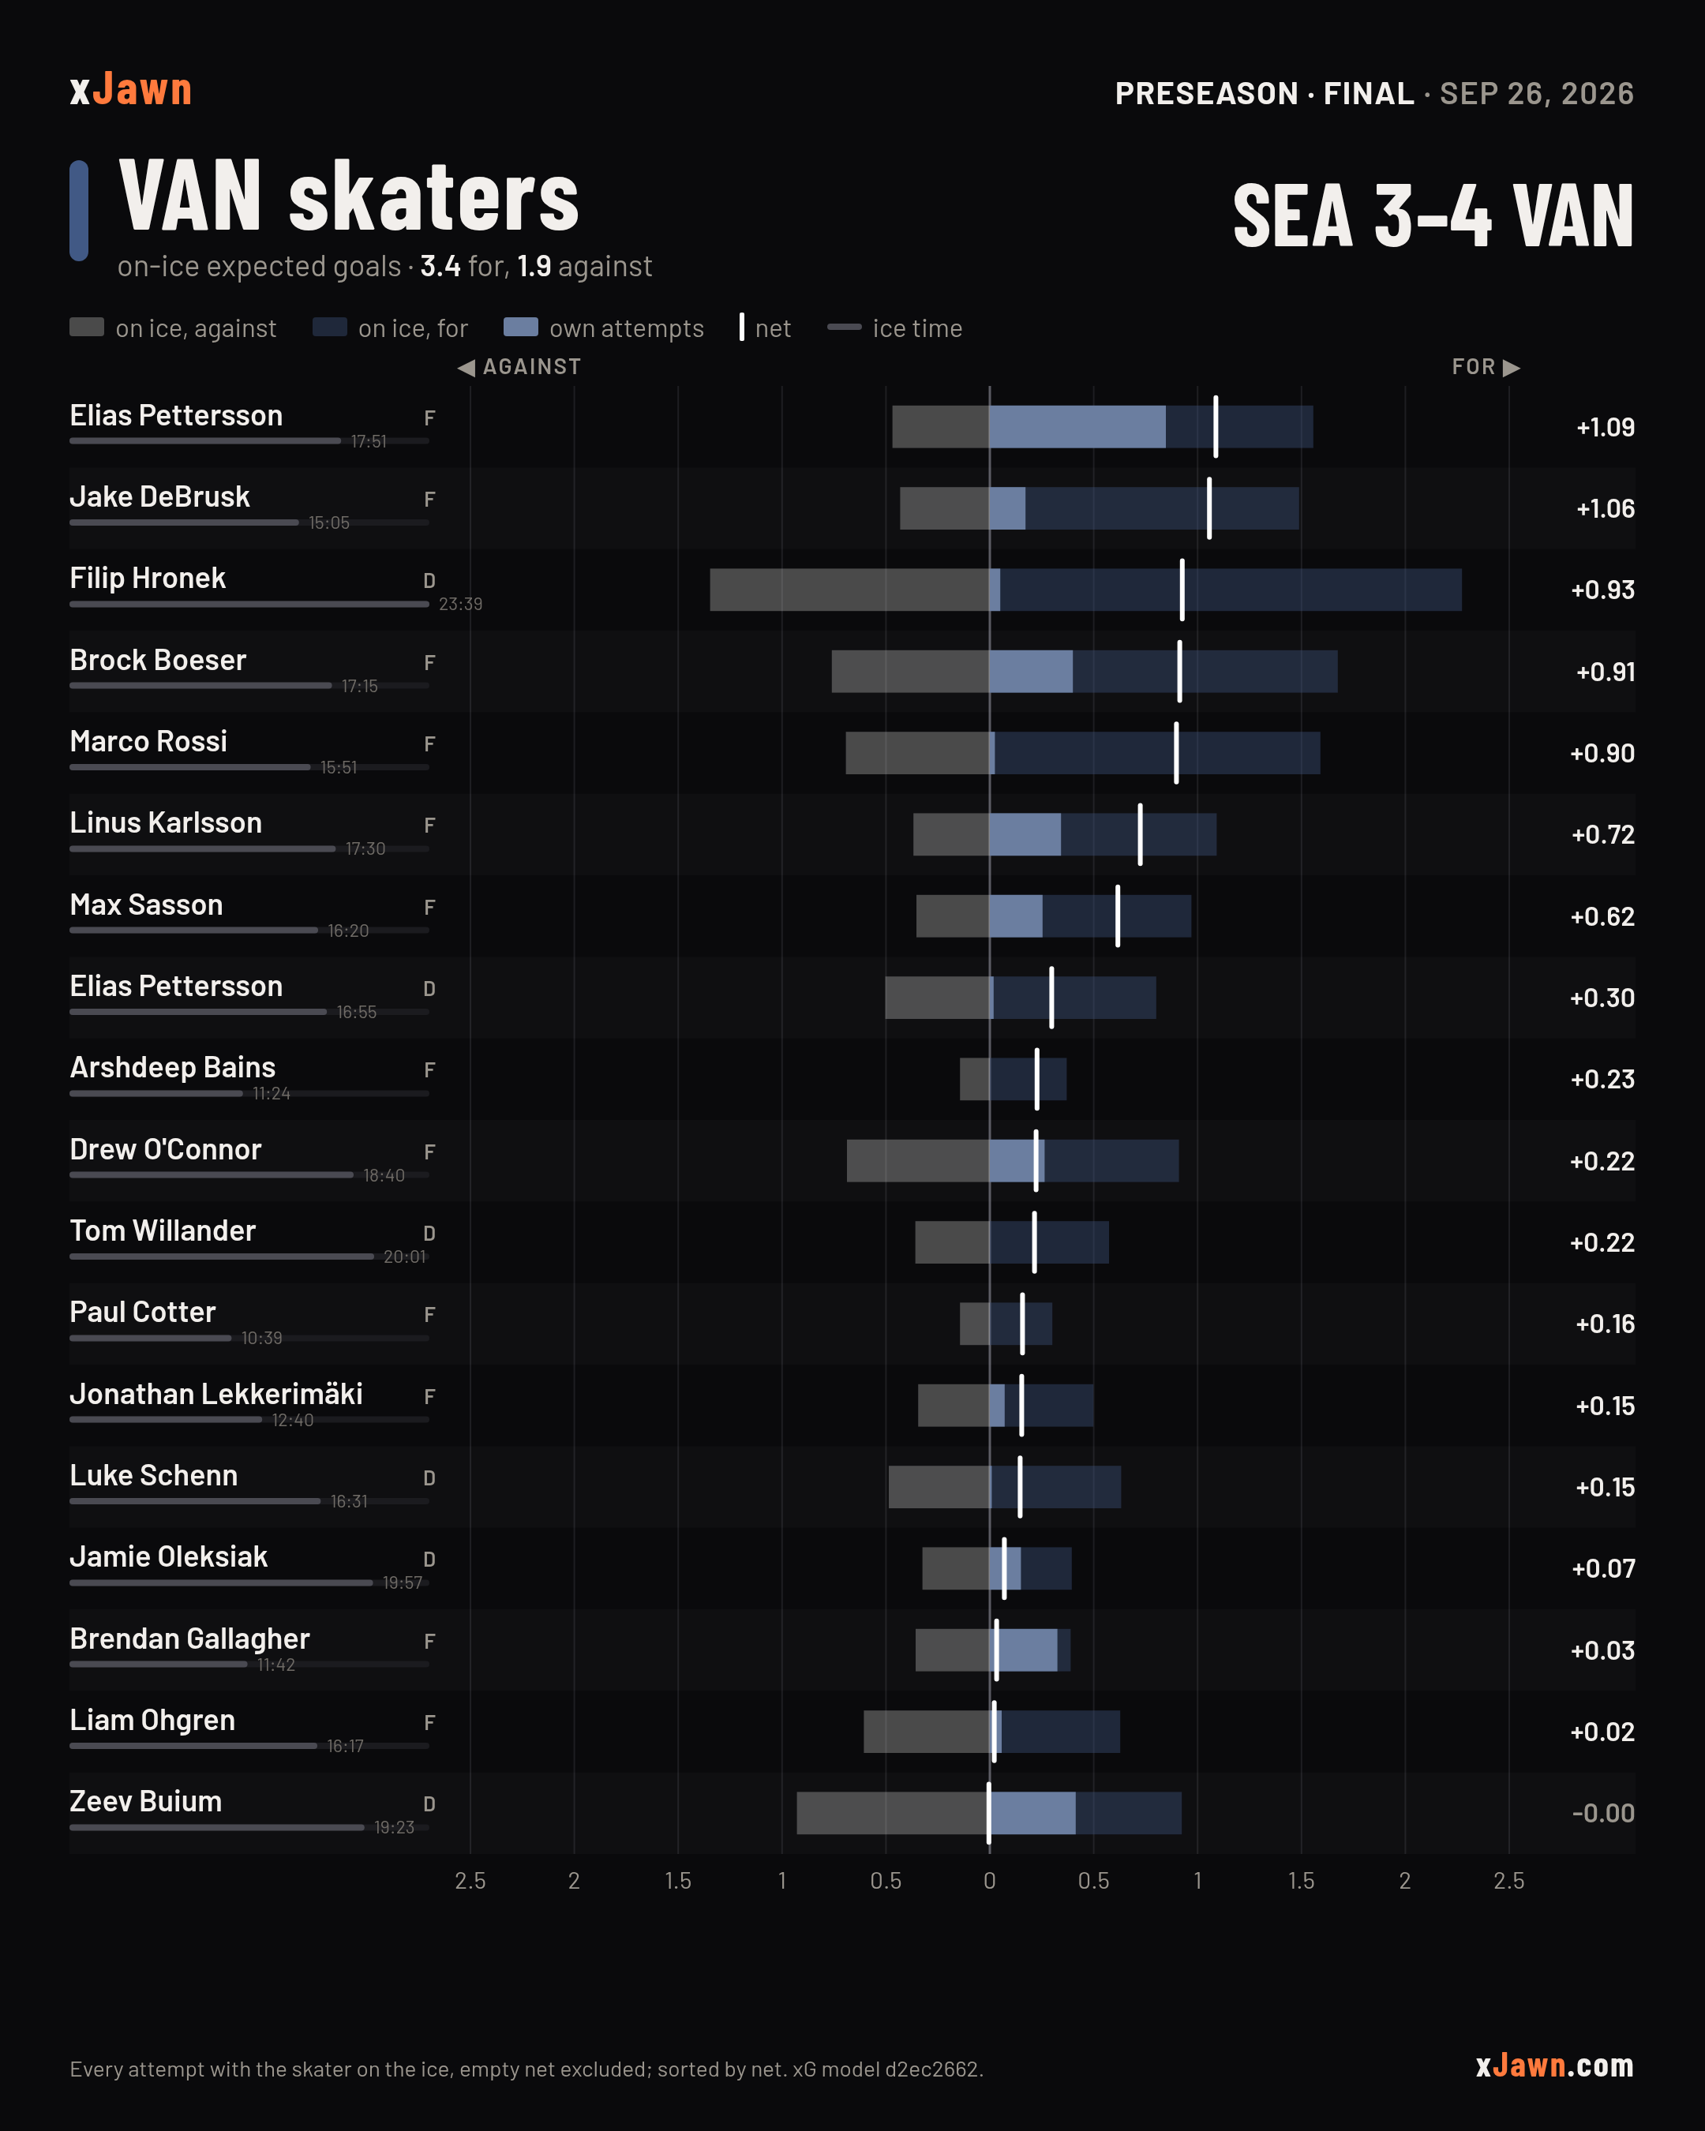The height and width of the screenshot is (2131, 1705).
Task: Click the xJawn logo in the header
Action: coord(130,90)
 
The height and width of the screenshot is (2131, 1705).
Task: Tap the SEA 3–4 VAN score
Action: coord(1433,215)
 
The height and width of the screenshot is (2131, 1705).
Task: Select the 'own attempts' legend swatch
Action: coord(521,328)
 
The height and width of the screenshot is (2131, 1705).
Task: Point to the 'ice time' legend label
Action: coord(917,328)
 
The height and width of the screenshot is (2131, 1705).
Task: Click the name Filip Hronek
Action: coord(148,579)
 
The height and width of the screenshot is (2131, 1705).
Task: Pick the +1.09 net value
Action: coord(1606,427)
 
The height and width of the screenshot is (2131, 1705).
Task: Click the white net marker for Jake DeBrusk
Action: coord(1208,508)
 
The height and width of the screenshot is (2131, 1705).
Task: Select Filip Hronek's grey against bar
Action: coord(849,590)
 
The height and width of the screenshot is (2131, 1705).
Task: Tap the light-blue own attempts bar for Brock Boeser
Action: coord(1031,671)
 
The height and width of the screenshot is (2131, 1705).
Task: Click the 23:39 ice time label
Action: coord(461,604)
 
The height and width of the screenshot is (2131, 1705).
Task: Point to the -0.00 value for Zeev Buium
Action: coord(1603,1813)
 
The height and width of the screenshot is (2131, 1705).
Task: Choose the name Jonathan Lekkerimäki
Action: coord(216,1394)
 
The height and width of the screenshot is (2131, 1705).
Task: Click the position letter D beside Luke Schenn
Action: coord(429,1477)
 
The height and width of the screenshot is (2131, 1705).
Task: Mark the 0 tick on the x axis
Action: coord(989,1880)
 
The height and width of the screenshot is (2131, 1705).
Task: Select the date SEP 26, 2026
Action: coord(1536,94)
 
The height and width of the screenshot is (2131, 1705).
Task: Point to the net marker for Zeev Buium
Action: coord(988,1813)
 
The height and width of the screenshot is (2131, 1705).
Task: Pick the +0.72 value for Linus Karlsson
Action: coord(1603,834)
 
